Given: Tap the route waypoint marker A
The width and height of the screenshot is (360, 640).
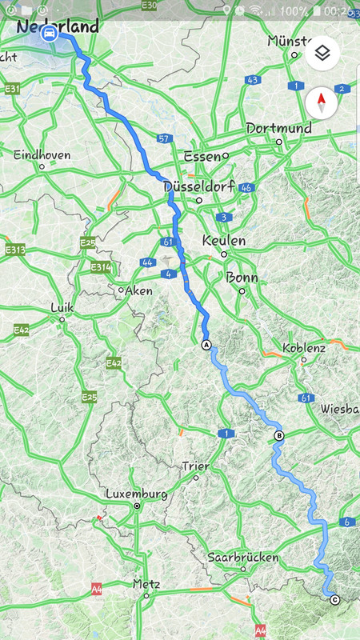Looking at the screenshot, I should tap(206, 345).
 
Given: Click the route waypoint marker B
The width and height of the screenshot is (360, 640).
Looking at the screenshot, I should tap(278, 436).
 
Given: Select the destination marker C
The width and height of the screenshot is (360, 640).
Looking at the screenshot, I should tap(334, 600).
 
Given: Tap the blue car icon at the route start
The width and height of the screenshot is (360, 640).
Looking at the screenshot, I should tap(50, 34).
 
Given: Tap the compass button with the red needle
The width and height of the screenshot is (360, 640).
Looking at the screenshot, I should tap(322, 102).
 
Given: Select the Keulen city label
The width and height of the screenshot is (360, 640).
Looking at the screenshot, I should tap(224, 240).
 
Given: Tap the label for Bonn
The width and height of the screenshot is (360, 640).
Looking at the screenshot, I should tap(242, 278).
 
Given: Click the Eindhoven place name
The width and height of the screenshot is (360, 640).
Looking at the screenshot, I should tap(42, 154).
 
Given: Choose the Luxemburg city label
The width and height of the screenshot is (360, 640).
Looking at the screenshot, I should tap(137, 494).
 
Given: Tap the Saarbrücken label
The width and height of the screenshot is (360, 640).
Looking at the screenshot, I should tap(242, 556).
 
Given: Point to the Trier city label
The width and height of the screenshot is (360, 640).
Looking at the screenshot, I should tap(195, 466).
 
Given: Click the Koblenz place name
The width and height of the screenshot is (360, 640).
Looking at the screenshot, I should tap(304, 348).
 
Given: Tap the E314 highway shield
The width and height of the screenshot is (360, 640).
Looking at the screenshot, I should tap(100, 267).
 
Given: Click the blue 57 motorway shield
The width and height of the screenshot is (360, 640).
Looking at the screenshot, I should tap(165, 138).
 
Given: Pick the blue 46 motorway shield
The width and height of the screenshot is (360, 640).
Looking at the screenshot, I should tap(246, 188).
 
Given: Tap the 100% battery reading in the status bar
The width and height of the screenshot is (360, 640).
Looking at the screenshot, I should tap(294, 10).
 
